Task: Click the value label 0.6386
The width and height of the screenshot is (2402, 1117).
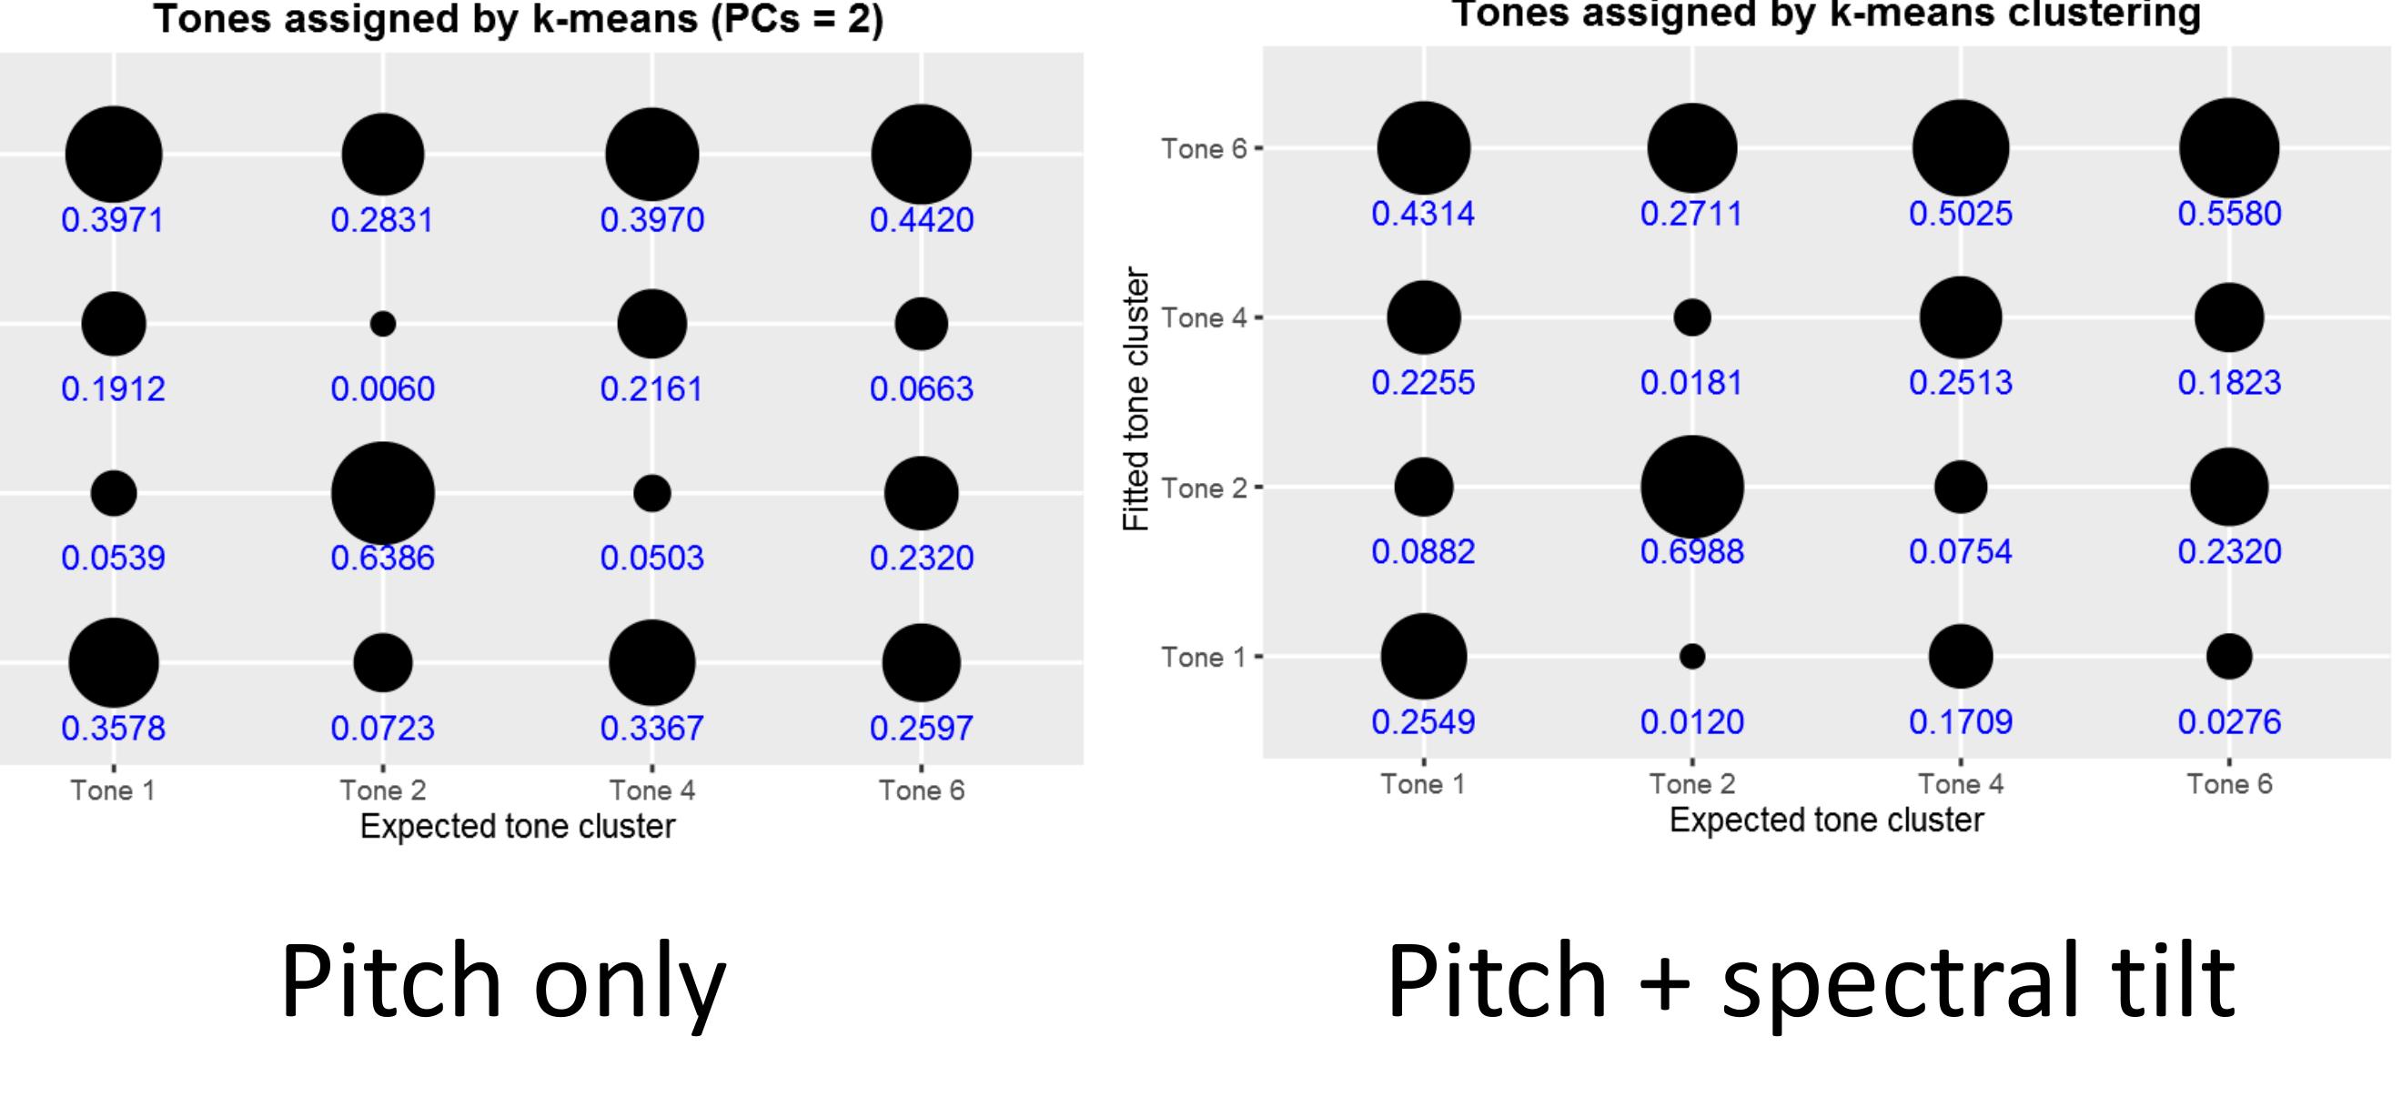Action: pyautogui.click(x=382, y=558)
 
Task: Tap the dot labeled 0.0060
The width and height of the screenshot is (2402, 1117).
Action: pyautogui.click(x=383, y=324)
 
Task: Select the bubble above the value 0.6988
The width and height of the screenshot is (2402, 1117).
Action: pyautogui.click(x=1692, y=487)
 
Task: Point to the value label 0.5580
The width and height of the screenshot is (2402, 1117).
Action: pyautogui.click(x=2229, y=214)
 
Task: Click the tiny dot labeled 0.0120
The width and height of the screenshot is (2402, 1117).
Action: pyautogui.click(x=1692, y=657)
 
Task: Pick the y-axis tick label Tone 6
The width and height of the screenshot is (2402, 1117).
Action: pyautogui.click(x=1203, y=149)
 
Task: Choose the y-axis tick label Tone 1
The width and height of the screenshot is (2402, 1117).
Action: pyautogui.click(x=1203, y=658)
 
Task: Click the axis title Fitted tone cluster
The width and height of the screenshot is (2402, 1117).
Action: pyautogui.click(x=1135, y=399)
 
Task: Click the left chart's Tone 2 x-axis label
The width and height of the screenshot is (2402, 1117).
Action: pyautogui.click(x=383, y=790)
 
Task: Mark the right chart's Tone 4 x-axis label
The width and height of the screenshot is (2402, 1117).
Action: pyautogui.click(x=1961, y=784)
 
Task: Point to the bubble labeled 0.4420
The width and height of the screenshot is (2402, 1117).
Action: pyautogui.click(x=922, y=154)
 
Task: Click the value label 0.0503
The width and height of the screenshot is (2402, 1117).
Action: pyautogui.click(x=651, y=558)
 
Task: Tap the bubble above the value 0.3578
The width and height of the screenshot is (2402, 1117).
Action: pyautogui.click(x=114, y=663)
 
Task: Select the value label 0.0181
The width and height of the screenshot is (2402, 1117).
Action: pyautogui.click(x=1691, y=382)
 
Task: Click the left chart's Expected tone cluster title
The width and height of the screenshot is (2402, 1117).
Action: pyautogui.click(x=518, y=827)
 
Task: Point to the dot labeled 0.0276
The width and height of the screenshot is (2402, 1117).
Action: pyautogui.click(x=2229, y=657)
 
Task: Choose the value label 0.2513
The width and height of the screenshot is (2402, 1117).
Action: pyautogui.click(x=1961, y=382)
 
